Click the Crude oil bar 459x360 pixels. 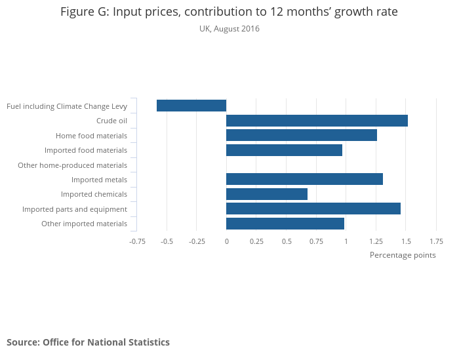317,121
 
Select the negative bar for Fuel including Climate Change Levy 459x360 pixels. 191,106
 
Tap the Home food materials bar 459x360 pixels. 302,135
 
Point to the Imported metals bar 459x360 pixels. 304,179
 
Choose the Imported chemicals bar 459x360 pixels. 267,194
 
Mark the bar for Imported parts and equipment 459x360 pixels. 313,209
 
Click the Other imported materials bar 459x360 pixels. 285,224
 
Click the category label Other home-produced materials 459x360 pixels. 72,165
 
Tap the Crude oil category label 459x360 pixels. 111,121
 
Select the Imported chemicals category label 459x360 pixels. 94,194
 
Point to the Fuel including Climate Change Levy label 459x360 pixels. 66,106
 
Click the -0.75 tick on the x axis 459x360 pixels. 137,241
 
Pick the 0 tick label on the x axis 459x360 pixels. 226,241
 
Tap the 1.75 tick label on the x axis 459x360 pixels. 436,241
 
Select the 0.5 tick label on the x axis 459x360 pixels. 287,241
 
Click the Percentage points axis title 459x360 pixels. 403,255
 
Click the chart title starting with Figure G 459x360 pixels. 229,12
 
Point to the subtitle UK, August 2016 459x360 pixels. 229,29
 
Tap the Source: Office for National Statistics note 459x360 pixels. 88,342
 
